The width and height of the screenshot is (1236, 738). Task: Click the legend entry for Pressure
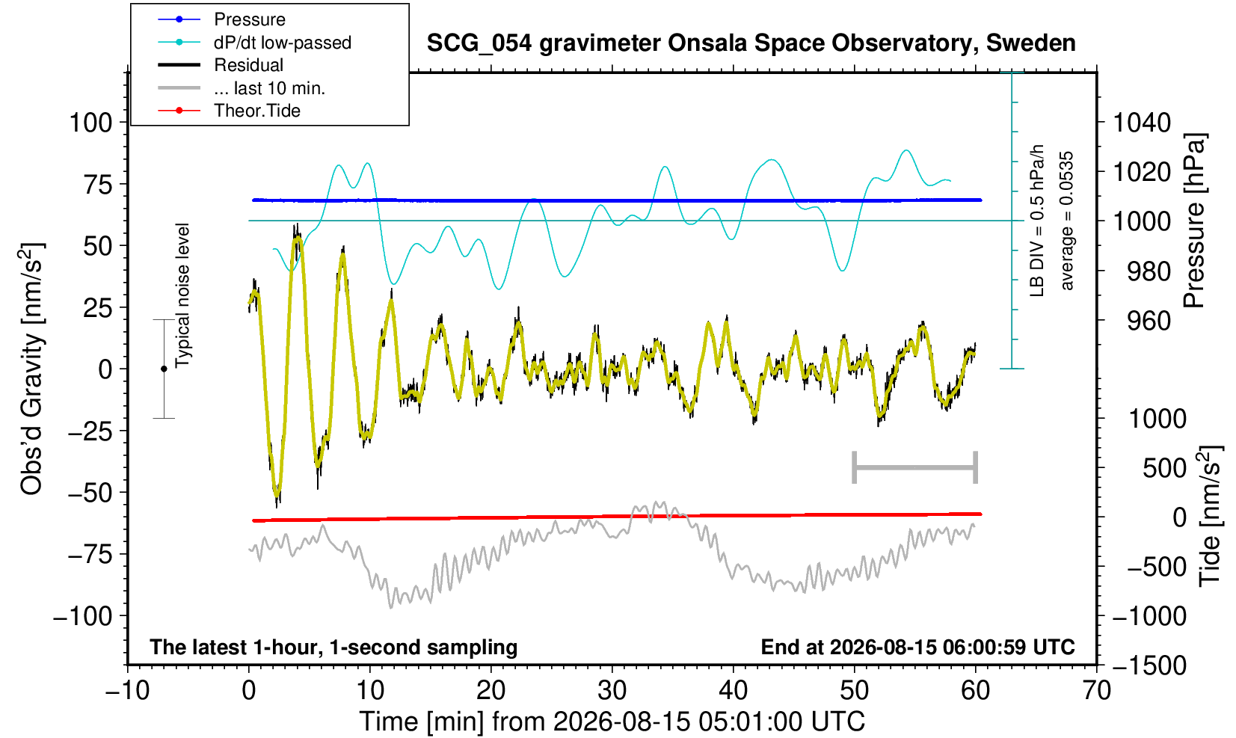click(222, 19)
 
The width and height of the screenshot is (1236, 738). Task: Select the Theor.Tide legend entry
click(230, 111)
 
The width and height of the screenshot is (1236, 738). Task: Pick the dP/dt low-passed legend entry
click(255, 43)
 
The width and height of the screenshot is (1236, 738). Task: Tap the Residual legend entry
click(221, 65)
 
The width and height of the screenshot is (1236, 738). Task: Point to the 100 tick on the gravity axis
click(91, 123)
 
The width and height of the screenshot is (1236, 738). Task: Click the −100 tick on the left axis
click(83, 616)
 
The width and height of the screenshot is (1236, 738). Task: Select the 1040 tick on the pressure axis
click(1142, 123)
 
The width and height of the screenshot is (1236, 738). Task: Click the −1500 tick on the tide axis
click(1149, 665)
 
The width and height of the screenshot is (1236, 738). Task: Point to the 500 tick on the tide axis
click(1164, 469)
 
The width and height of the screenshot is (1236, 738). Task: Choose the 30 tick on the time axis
click(612, 691)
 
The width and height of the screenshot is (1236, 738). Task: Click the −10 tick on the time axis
click(127, 691)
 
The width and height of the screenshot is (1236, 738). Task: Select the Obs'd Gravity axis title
click(32, 369)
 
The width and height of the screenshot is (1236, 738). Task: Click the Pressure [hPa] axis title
click(1195, 221)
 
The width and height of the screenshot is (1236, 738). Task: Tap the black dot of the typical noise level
click(164, 369)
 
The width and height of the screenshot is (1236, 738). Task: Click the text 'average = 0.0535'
click(1067, 221)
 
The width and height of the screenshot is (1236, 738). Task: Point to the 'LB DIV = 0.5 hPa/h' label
click(1037, 221)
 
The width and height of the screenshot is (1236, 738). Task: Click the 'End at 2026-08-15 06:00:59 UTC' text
click(917, 647)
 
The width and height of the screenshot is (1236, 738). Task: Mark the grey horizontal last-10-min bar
click(915, 467)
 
